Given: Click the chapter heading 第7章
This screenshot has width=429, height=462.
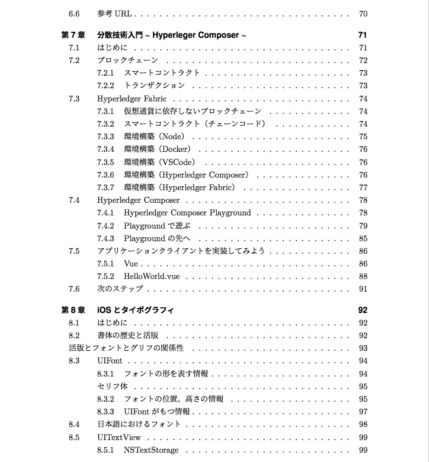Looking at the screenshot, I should tap(72, 35).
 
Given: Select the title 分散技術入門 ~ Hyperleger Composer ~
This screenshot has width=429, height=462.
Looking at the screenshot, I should tap(171, 35).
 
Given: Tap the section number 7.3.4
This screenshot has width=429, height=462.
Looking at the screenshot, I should tap(105, 150).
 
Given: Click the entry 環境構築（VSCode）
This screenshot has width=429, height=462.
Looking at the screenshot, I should tap(160, 162).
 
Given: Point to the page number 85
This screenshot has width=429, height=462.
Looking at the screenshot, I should tap(363, 238).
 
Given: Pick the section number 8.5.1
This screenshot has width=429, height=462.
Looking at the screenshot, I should tap(105, 450).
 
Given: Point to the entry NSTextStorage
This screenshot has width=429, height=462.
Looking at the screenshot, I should tap(151, 450).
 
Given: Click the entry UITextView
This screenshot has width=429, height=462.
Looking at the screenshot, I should tap(119, 437).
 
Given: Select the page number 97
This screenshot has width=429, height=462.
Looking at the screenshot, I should tap(363, 412).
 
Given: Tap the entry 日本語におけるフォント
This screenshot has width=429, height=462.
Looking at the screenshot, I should tap(139, 424).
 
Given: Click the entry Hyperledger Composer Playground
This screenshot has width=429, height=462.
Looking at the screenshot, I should tap(187, 213).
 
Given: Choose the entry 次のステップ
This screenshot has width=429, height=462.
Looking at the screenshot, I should tap(120, 289).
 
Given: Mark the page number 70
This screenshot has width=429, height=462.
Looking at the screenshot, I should tap(363, 14).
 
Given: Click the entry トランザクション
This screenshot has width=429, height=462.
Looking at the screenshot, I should tap(154, 85).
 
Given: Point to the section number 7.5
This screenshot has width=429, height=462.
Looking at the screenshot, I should tap(74, 251).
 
